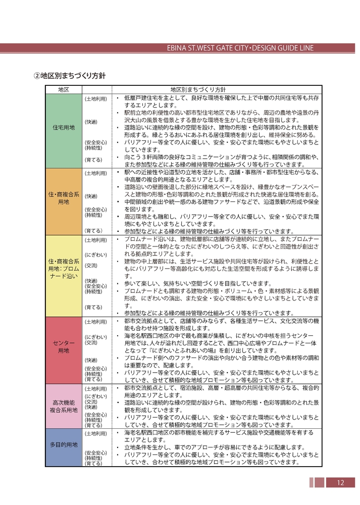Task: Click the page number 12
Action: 340,483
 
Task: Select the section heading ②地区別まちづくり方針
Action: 70,76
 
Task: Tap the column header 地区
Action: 64,89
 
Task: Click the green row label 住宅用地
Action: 64,128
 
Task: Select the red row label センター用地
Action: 64,347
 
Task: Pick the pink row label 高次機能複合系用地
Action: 64,407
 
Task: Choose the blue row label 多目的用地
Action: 64,445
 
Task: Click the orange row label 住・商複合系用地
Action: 64,197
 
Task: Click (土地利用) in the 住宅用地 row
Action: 95,99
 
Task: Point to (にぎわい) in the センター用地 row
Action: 95,337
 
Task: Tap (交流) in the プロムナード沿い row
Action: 91,265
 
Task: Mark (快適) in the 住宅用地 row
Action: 91,122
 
